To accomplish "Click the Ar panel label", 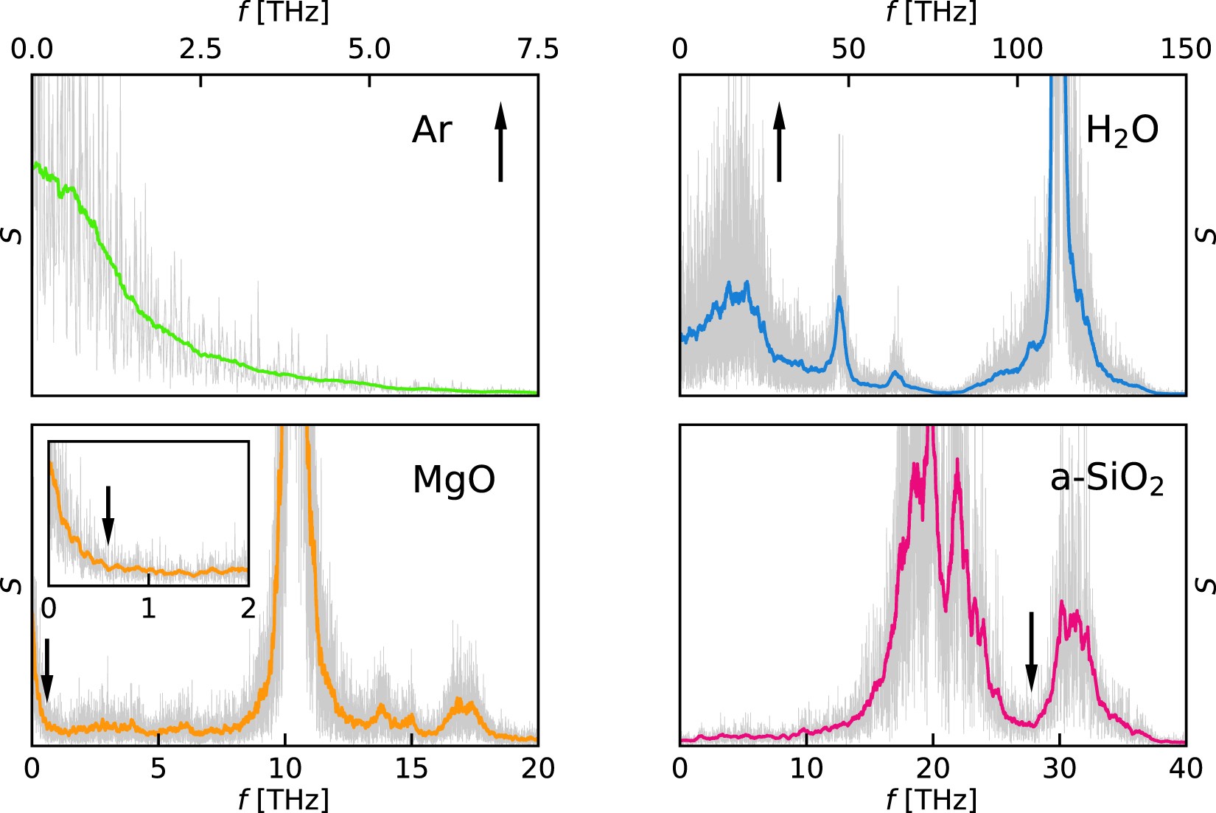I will [432, 130].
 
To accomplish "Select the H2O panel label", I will [1122, 130].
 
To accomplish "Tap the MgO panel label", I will [453, 480].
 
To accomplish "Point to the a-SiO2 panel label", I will [1106, 480].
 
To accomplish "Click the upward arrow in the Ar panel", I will [500, 142].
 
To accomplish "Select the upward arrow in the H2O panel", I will [779, 142].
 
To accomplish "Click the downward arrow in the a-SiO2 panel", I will [1031, 652].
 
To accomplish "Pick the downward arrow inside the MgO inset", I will [108, 514].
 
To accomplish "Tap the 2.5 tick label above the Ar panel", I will [200, 49].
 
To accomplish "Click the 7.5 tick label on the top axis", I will [537, 49].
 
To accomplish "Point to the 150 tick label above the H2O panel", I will [1185, 49].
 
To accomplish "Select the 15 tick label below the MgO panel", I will [410, 769].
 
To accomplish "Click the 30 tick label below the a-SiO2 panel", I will [1059, 769].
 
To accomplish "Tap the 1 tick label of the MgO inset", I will [149, 609].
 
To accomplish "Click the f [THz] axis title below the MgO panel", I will [284, 799].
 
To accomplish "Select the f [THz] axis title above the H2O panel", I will [932, 12].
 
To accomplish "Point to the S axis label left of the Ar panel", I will [13, 236].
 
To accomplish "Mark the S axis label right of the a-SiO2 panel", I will [1204, 585].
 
